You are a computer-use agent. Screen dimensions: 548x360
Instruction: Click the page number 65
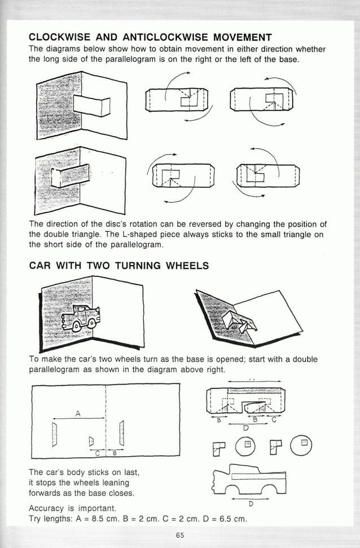(x=179, y=535)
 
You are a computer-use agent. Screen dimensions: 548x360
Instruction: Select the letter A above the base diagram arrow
(x=78, y=413)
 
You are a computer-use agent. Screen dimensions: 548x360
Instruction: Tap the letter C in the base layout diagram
(x=98, y=453)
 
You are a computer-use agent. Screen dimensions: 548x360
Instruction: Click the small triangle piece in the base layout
(x=90, y=439)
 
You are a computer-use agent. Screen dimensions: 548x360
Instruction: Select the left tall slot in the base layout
(x=55, y=434)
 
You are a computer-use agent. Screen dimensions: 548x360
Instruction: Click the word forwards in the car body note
(x=46, y=493)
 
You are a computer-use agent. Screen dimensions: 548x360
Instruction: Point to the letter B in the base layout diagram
(x=114, y=453)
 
